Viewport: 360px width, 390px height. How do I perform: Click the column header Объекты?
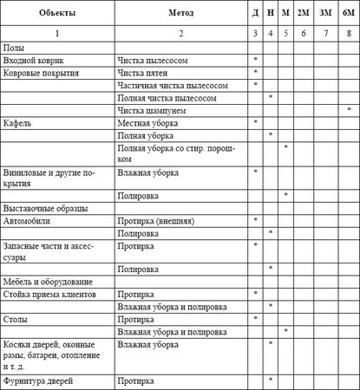[56, 14]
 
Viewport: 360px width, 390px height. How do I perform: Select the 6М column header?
[348, 14]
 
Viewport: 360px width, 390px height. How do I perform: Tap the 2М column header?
[304, 14]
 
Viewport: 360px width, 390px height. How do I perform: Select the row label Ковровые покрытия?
[42, 73]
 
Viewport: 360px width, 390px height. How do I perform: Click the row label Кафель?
[19, 123]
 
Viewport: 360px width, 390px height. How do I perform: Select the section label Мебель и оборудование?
[47, 282]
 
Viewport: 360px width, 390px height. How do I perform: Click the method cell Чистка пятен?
[145, 73]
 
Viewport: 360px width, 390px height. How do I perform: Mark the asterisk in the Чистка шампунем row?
[348, 111]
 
